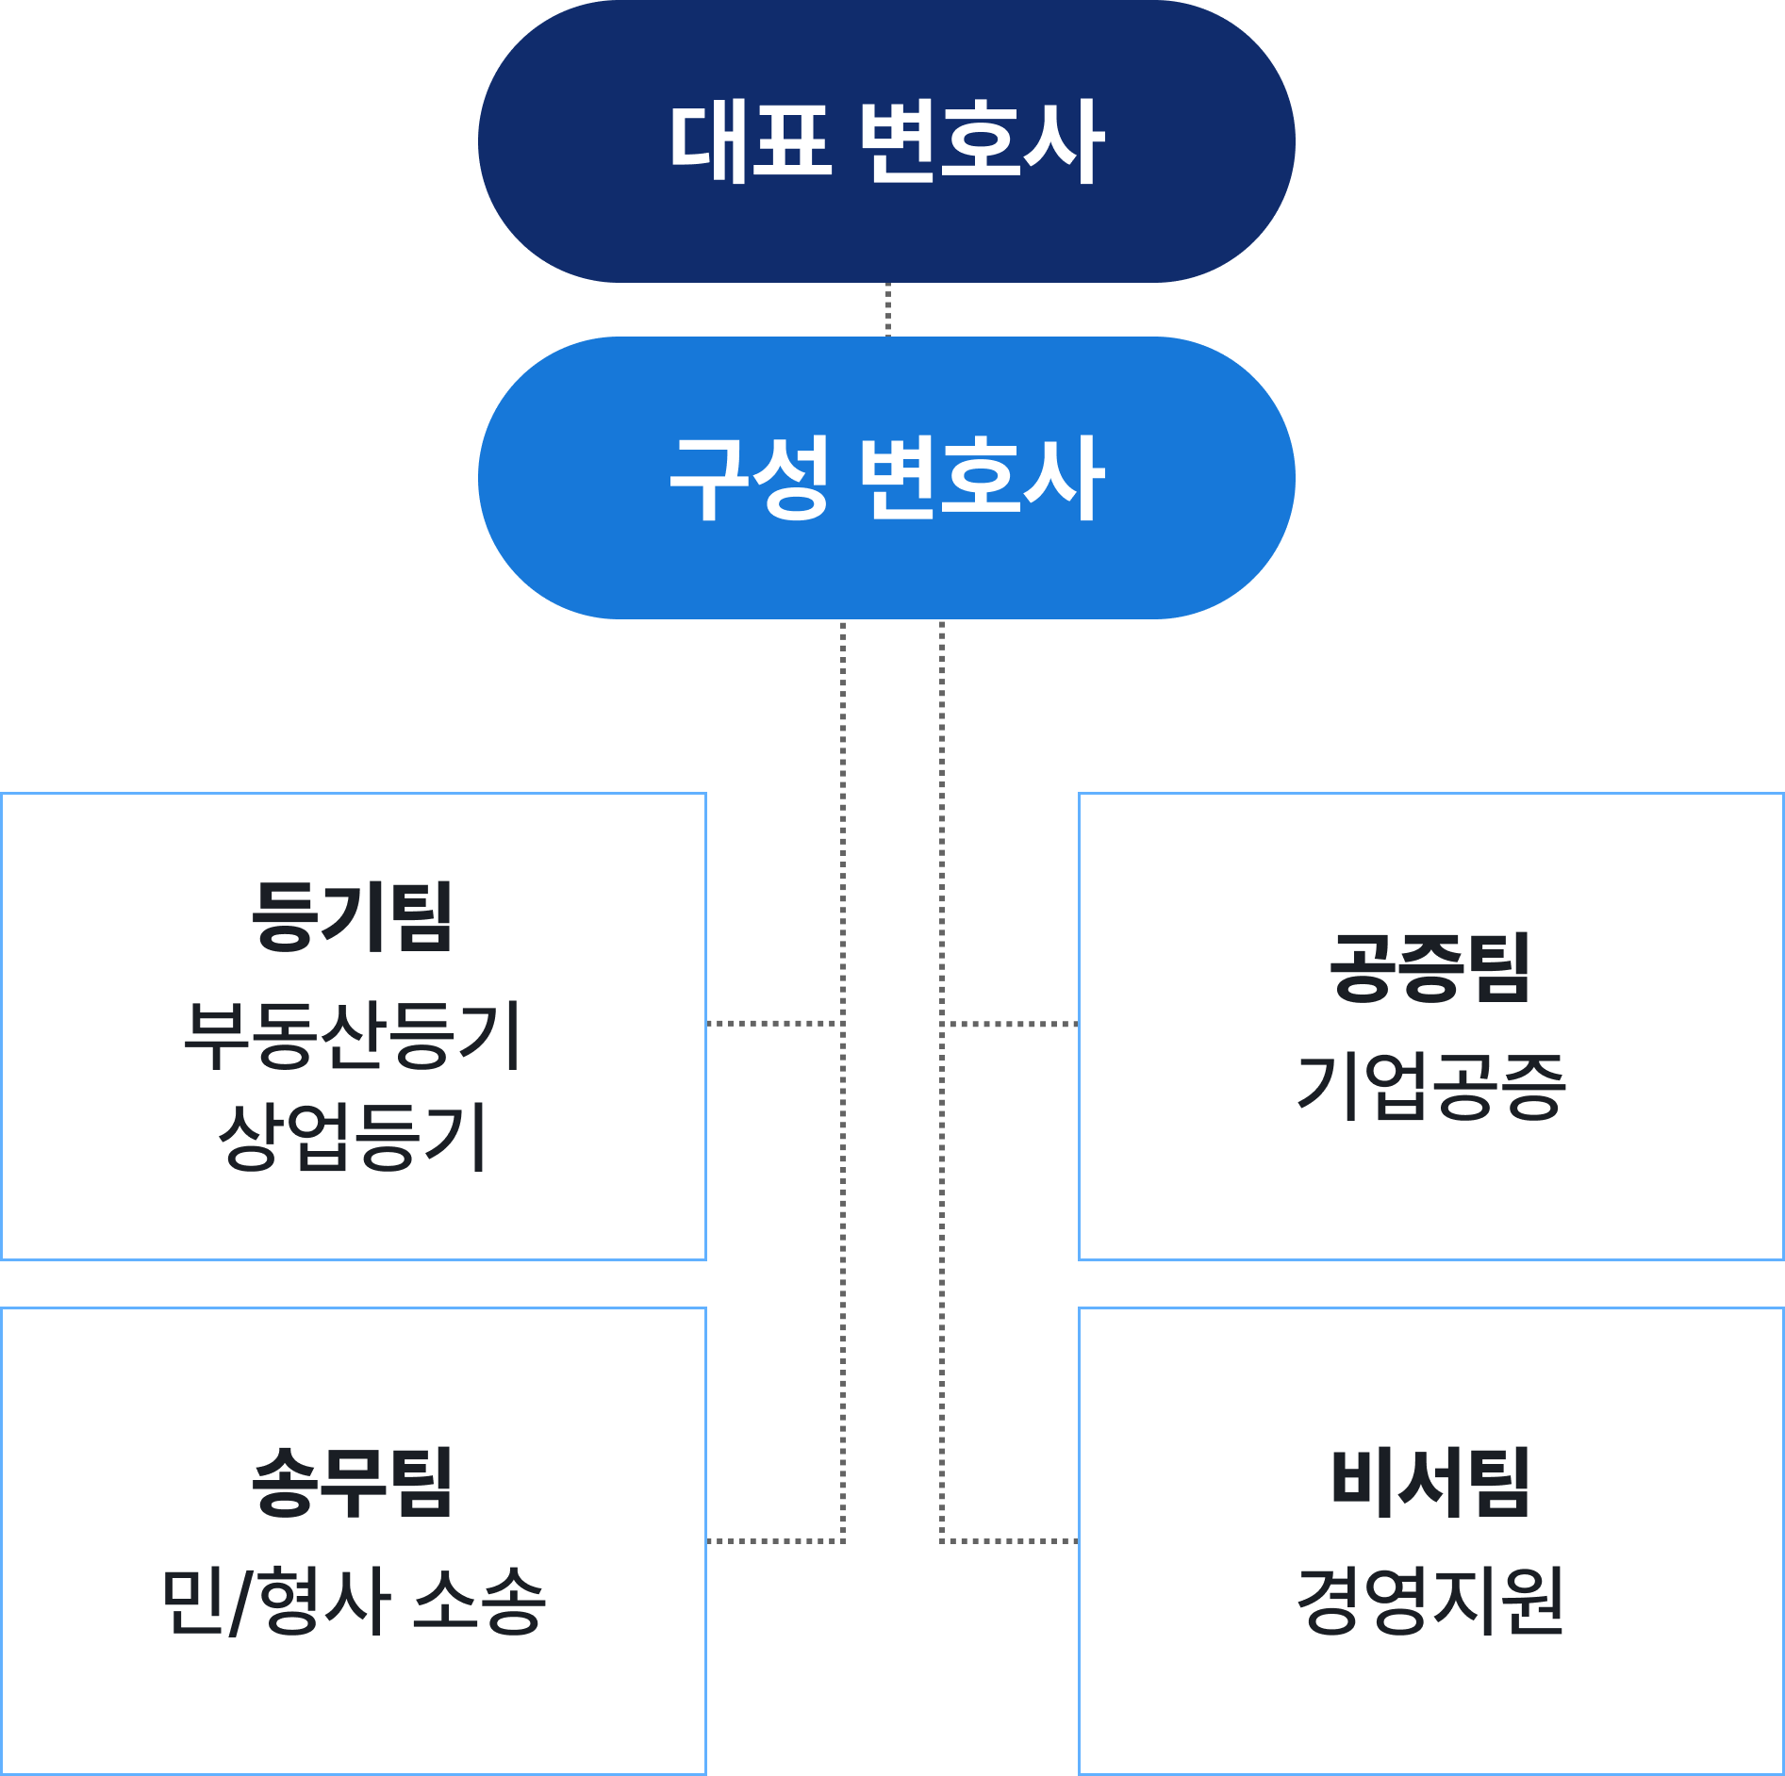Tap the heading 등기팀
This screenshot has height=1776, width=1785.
[353, 916]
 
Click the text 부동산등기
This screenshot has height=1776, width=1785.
[353, 1035]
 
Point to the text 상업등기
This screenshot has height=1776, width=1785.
[353, 1137]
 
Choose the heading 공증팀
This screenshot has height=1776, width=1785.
[1430, 967]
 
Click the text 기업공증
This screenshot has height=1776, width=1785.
[1430, 1086]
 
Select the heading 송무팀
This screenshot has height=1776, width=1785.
[353, 1484]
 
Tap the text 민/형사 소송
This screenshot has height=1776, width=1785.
[353, 1601]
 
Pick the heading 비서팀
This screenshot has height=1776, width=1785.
[1430, 1484]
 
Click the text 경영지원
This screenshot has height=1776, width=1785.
[1430, 1601]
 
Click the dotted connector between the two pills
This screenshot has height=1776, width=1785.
[887, 309]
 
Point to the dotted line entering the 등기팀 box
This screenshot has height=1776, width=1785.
[773, 1023]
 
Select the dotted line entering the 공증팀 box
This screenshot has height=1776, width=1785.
[1009, 1023]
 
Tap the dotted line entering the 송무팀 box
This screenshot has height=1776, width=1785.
[773, 1541]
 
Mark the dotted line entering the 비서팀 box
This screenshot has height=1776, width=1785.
[1009, 1541]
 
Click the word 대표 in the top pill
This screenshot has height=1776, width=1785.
[751, 141]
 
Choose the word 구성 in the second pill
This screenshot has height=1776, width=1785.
[751, 477]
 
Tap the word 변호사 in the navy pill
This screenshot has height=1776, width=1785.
[981, 141]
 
